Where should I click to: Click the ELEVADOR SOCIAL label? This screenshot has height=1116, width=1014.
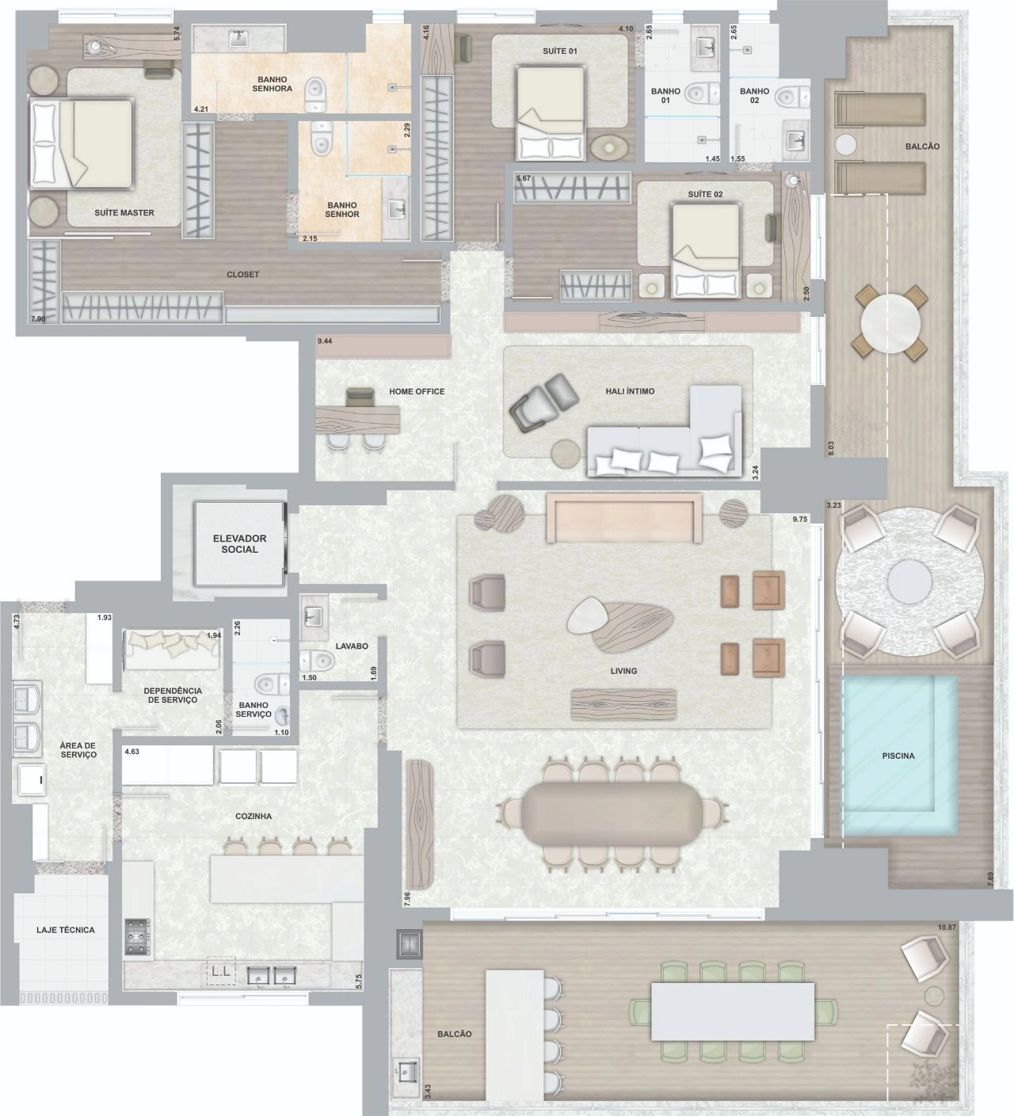coord(239,543)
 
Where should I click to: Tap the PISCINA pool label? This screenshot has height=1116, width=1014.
coord(898,756)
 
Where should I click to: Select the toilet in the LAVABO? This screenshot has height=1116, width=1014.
coord(317,661)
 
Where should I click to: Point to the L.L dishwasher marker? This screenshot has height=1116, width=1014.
coord(221,971)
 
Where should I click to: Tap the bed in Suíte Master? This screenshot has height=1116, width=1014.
coord(82,143)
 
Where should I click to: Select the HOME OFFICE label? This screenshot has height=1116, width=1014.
coord(416,391)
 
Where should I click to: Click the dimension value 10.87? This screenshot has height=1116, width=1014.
coord(947,927)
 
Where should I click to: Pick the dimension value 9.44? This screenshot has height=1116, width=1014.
coord(325,341)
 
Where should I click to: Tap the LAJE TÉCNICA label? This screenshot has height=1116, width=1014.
coord(66,930)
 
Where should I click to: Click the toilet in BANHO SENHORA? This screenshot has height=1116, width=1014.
coord(314,93)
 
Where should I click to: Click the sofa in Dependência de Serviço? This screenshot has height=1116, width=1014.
coord(172,649)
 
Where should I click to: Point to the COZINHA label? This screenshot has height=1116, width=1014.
coord(253,816)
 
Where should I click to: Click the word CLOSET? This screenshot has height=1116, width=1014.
coord(242,274)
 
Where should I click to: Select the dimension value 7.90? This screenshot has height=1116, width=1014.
coord(38,319)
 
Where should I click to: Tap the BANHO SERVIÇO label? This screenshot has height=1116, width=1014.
coord(253,710)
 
